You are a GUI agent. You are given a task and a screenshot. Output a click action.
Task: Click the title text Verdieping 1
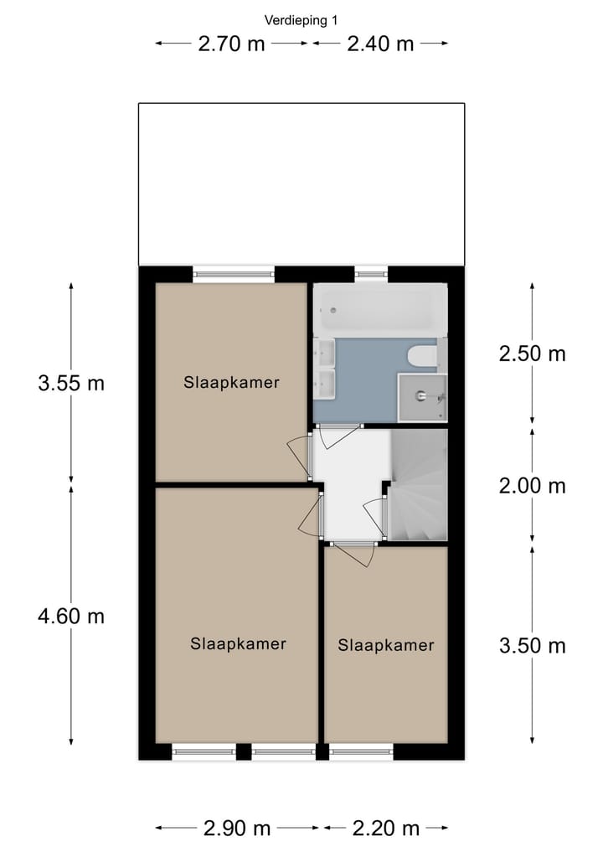301,20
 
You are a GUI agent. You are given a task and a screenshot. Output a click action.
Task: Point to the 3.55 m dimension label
71,384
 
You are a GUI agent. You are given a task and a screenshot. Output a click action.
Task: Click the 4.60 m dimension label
71,617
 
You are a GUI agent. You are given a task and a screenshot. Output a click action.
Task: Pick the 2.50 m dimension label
532,354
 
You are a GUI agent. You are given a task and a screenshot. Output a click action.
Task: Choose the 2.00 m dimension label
532,486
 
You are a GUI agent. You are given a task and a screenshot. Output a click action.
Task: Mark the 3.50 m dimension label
532,646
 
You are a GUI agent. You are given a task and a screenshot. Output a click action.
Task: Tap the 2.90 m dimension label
237,829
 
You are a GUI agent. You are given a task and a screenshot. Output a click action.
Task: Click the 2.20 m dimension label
386,829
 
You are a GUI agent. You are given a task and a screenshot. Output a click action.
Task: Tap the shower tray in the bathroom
422,397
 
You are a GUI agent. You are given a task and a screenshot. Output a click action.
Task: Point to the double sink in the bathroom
324,369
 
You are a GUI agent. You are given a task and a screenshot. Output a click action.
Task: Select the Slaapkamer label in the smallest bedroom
386,645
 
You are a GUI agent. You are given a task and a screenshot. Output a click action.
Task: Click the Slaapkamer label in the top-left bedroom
231,383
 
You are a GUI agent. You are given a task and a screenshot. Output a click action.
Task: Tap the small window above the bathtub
371,272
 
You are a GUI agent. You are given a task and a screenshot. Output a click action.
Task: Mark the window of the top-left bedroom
234,272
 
